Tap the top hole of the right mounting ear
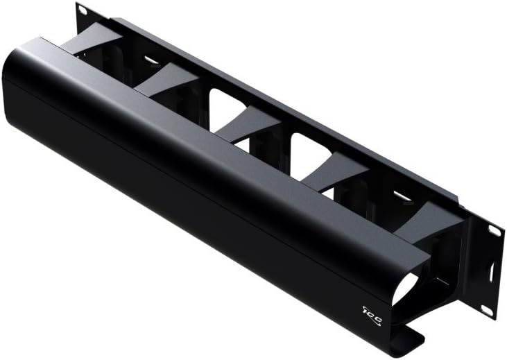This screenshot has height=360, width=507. coord(495,231)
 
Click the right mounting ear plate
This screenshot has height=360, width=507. coord(490,271)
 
